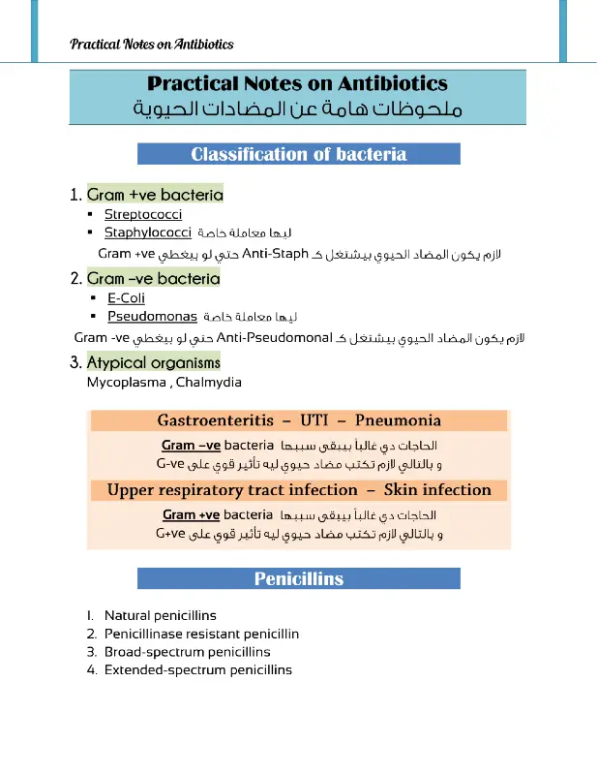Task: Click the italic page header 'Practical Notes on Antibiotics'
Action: coord(151,45)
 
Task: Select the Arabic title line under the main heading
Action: coord(298,108)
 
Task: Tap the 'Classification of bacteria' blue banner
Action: coord(298,154)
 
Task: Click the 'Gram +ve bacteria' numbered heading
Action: coord(155,195)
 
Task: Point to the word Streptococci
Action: coord(143,215)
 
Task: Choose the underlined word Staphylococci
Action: coord(147,233)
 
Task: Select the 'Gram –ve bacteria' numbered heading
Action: coord(153,279)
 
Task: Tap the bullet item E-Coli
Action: coord(126,298)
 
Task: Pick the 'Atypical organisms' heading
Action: coord(154,363)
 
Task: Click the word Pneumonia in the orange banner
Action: coord(398,420)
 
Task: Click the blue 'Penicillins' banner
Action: coord(298,579)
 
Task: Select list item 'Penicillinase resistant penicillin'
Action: coord(201,634)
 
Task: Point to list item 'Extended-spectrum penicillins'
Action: coord(197,669)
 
